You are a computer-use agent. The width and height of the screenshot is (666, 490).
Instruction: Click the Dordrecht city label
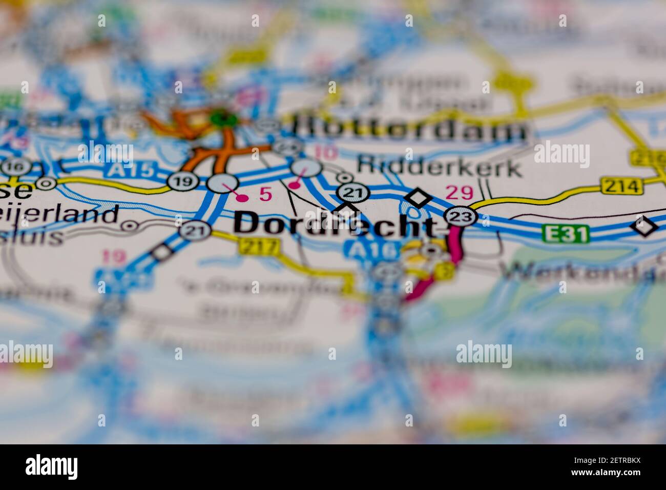click(x=336, y=224)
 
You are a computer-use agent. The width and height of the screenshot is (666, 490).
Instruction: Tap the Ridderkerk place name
click(x=440, y=167)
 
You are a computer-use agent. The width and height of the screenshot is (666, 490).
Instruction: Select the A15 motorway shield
click(x=131, y=170)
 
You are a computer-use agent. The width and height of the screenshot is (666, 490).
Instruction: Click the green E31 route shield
click(x=566, y=235)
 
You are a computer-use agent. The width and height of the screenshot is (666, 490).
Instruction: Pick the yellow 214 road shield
click(x=622, y=186)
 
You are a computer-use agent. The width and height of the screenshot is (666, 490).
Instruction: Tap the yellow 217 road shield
click(x=259, y=247)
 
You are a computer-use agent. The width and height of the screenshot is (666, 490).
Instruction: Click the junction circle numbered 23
click(x=458, y=216)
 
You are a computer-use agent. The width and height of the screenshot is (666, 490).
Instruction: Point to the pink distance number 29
click(x=459, y=193)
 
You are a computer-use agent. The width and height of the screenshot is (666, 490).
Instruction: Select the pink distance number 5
click(x=265, y=194)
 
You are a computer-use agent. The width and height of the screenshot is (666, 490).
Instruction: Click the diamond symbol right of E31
click(x=644, y=226)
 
